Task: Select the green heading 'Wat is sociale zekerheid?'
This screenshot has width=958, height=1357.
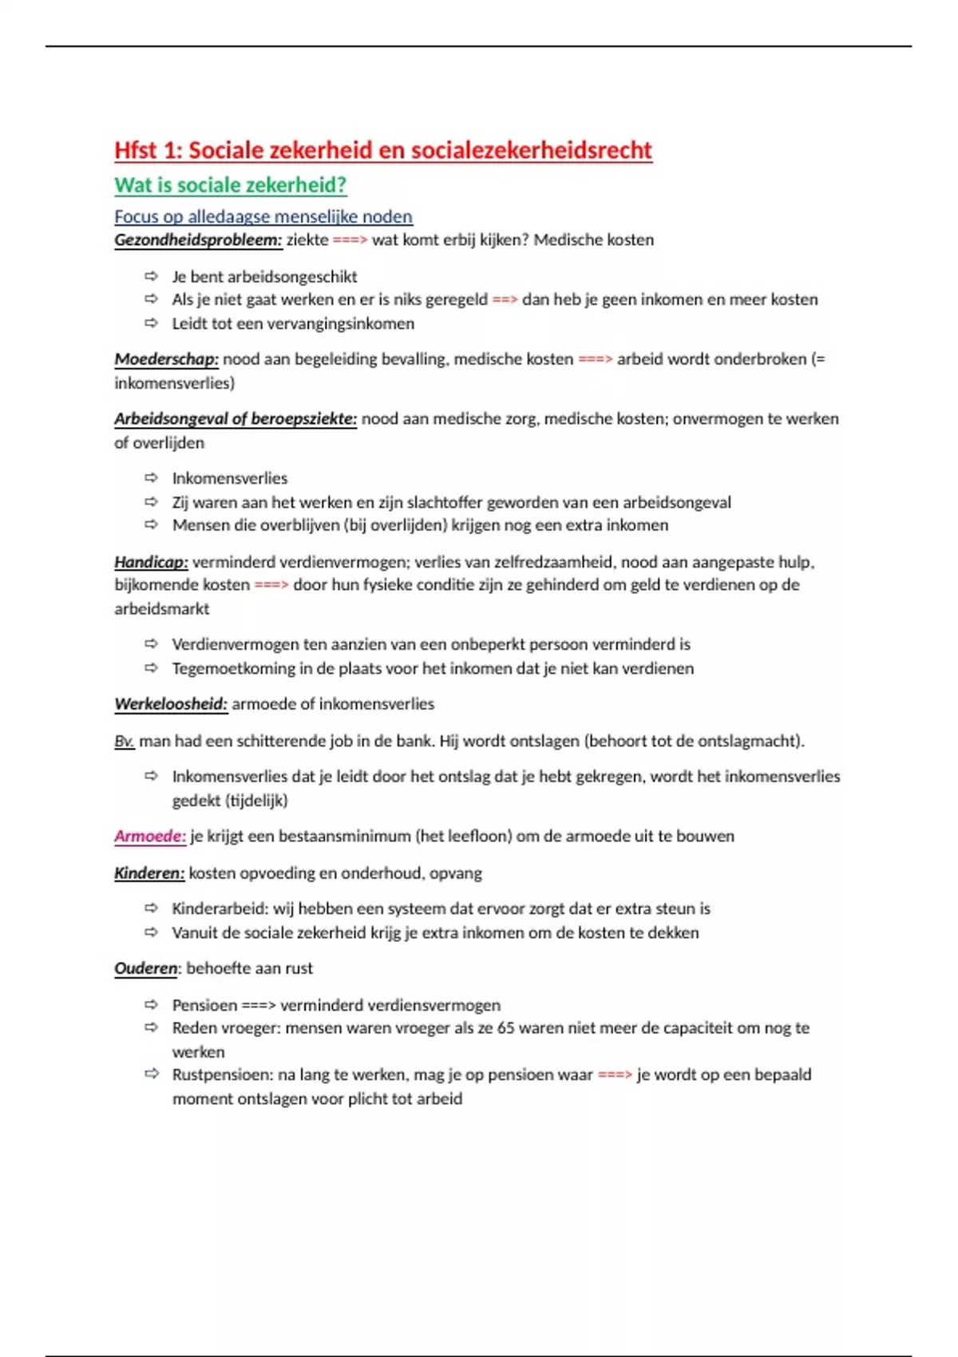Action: (230, 185)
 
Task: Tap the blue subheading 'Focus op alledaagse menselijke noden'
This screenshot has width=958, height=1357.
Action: (263, 216)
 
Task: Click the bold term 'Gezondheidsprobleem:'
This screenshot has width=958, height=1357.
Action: (198, 240)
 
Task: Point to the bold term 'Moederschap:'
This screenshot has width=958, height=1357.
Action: (166, 359)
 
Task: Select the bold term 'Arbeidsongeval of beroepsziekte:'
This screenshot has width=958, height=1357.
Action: (236, 419)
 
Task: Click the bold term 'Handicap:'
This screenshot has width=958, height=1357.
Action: (151, 562)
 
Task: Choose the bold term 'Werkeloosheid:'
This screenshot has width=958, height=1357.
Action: (171, 704)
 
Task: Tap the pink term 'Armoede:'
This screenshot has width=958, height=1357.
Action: (150, 837)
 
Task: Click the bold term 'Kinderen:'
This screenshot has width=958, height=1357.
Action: (149, 873)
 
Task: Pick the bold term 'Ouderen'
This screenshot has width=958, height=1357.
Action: (145, 968)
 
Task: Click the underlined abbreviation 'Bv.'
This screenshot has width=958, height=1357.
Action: (124, 742)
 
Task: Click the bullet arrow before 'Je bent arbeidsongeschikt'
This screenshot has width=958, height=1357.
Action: (151, 276)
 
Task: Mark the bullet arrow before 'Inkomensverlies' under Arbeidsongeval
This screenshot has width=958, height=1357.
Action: (151, 478)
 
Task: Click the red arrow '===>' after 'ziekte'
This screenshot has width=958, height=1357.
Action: (350, 240)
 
